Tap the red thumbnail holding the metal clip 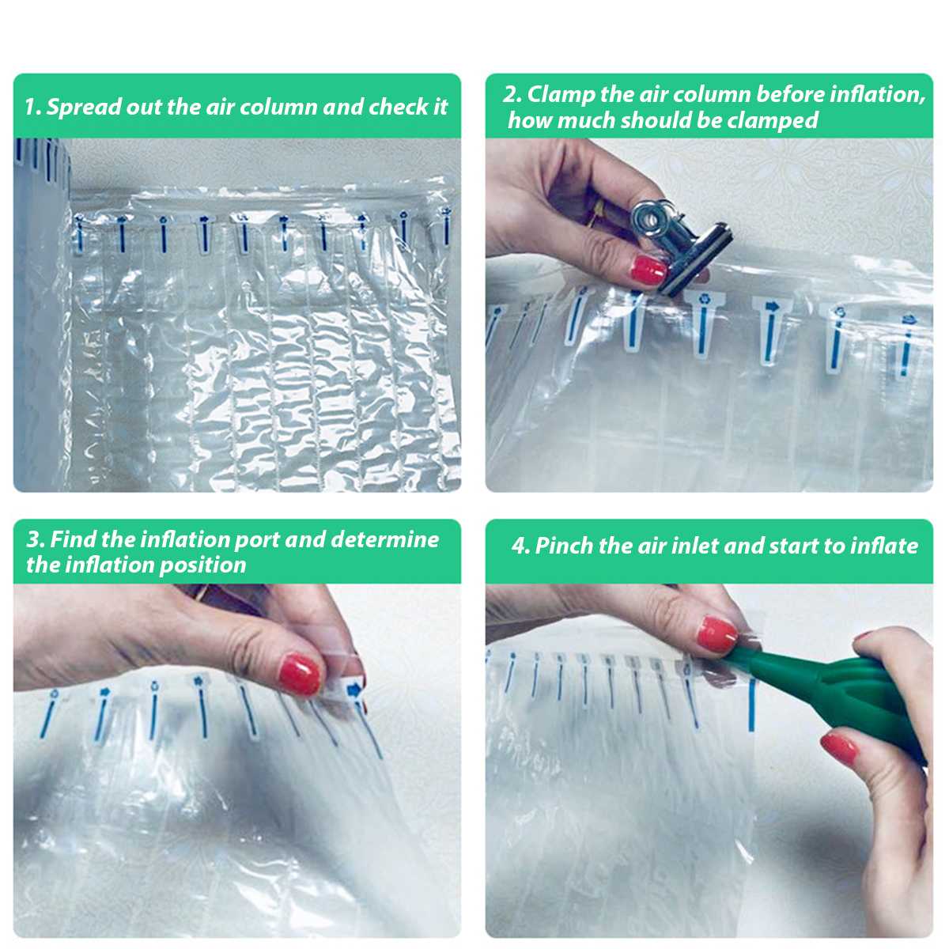pyautogui.click(x=648, y=269)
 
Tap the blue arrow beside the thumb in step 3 pyautogui.click(x=354, y=690)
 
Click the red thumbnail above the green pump pyautogui.click(x=718, y=633)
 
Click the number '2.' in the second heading pyautogui.click(x=512, y=94)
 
